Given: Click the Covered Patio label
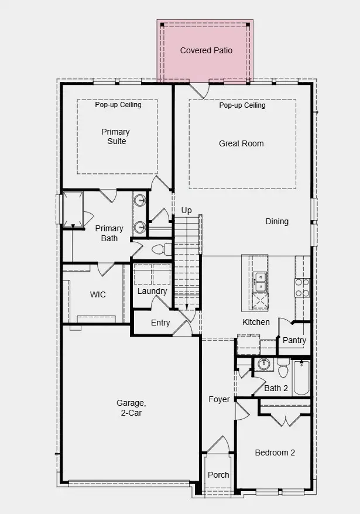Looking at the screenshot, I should pos(206,51).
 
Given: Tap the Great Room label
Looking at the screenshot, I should pos(241,143).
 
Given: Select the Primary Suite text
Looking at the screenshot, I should pos(115,136).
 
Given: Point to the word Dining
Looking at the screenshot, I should pos(277,221).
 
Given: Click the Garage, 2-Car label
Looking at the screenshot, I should pos(131,408).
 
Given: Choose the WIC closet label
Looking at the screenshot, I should pos(98,294).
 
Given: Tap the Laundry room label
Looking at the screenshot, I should pos(152,291).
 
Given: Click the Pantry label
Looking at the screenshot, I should pos(294,340).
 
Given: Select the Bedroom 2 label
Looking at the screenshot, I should pos(275,453).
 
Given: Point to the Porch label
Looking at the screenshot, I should pos(219,475).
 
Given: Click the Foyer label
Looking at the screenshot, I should pos(220,400).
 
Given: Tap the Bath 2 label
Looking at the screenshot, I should pos(276,388).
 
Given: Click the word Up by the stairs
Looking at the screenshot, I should pos(186,210).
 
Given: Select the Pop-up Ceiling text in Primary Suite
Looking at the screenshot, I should pos(117,105).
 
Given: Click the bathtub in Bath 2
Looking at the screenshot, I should pos(301,378).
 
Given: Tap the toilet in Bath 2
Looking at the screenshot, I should pos(283,369).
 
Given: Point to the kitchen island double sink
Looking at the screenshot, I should pos(259,282).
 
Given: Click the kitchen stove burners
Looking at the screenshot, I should pos(302,287).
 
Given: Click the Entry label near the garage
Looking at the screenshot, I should pos(160,323).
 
